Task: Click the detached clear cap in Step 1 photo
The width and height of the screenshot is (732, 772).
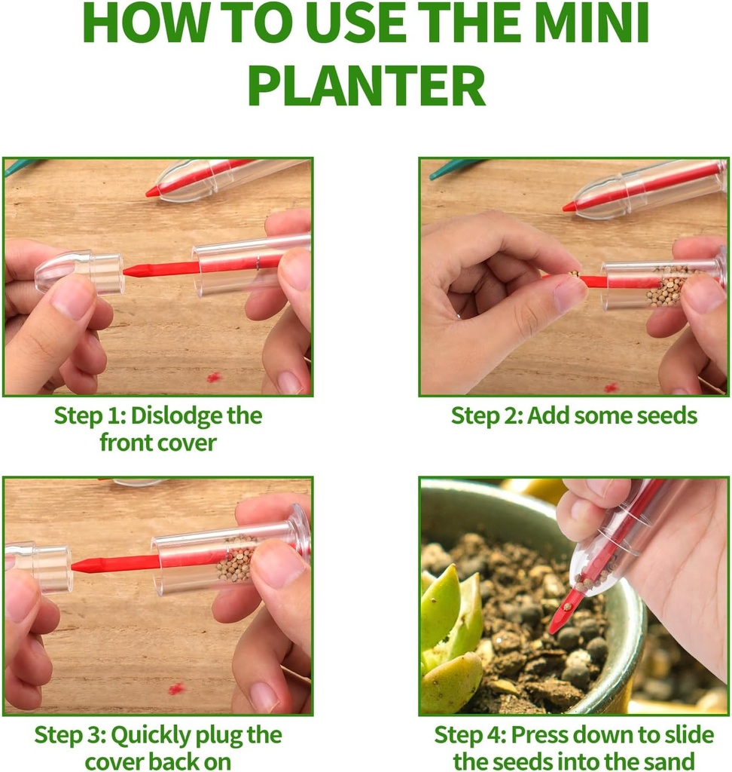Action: pyautogui.click(x=79, y=271)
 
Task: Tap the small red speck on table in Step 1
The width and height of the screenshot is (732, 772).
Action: pyautogui.click(x=215, y=376)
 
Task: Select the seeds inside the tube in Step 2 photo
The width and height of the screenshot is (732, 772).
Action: pyautogui.click(x=666, y=286)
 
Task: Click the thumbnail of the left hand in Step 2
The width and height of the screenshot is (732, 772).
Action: pyautogui.click(x=569, y=294)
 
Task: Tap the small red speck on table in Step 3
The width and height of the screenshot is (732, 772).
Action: pyautogui.click(x=176, y=688)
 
